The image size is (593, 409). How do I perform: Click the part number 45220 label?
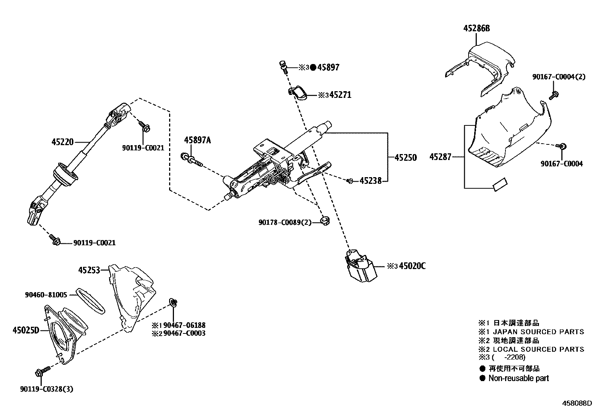tap(64, 142)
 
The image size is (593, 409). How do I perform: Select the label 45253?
tap(89, 270)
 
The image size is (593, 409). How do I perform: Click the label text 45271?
tap(340, 95)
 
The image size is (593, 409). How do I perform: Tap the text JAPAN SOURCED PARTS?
tap(538, 332)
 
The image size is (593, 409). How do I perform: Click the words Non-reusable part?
tap(519, 378)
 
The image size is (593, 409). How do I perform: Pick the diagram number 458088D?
tap(577, 403)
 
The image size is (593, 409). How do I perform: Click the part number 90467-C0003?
tap(184, 333)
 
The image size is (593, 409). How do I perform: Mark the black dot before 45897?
tap(313, 67)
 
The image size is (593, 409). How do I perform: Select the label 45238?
tap(370, 181)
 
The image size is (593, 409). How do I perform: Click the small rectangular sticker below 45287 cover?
tap(500, 185)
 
